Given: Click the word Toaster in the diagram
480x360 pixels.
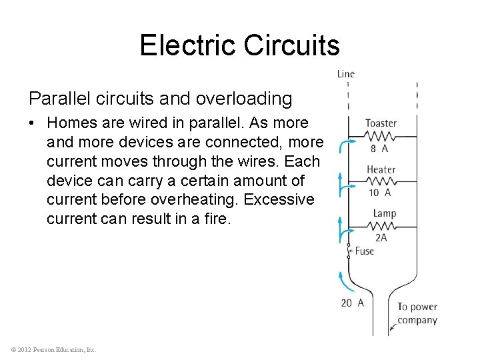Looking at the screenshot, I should (381, 123).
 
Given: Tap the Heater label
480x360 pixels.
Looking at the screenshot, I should (381, 170).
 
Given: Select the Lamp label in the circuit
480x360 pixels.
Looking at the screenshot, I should (385, 213).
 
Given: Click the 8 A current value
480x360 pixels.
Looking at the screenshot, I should (379, 149).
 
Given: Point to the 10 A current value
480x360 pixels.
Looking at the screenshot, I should (379, 193).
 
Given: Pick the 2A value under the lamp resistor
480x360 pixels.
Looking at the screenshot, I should (381, 237).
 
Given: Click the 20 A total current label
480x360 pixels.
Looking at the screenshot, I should (352, 303).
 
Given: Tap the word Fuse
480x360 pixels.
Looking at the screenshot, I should (364, 251).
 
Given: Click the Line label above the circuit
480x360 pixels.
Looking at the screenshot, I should (346, 74).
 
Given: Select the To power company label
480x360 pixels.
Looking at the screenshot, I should (417, 313).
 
